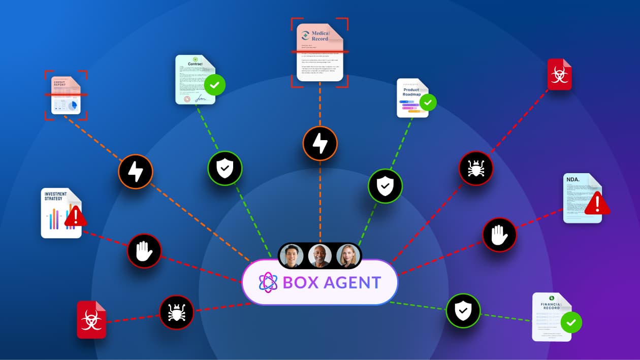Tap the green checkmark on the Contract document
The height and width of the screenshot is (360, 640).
pos(214,85)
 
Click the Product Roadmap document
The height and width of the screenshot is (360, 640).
pos(412,97)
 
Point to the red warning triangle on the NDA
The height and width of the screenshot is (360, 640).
pos(597,203)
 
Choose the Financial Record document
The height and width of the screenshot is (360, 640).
pos(551,316)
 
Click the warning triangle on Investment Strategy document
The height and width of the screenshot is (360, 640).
pos(76,216)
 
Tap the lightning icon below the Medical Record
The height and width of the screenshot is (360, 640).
pos(320,143)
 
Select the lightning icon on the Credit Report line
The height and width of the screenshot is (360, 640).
pos(136,172)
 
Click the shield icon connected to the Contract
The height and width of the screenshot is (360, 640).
pos(225,168)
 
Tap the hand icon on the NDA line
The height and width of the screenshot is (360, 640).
pos(499,235)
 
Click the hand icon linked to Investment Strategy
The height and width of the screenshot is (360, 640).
pos(144,251)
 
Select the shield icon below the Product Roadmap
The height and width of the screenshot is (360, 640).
pos(386,186)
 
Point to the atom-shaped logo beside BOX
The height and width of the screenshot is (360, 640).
pos(268,282)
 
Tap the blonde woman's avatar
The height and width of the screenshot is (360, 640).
pos(348,256)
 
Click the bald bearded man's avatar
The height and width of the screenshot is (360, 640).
pos(320,256)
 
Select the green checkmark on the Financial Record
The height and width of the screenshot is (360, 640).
pos(571,322)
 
